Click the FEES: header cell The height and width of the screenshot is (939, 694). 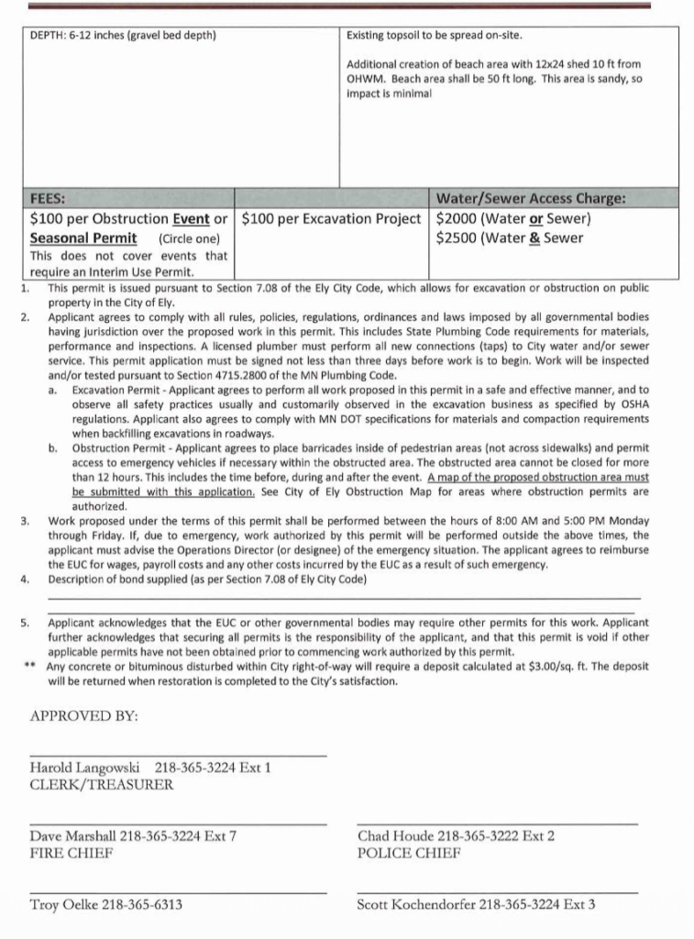pyautogui.click(x=48, y=198)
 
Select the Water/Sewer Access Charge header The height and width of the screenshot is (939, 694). pyautogui.click(x=530, y=198)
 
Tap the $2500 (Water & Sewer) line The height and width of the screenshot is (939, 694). pyautogui.click(x=509, y=238)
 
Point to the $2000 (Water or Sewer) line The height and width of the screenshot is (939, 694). pyautogui.click(x=513, y=219)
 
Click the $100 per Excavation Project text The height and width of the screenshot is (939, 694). pyautogui.click(x=332, y=219)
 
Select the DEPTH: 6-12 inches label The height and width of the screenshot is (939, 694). pyautogui.click(x=123, y=36)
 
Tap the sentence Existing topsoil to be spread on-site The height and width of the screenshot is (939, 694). pyautogui.click(x=434, y=36)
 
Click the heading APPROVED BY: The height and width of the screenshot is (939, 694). pyautogui.click(x=83, y=716)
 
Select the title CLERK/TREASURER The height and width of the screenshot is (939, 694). pyautogui.click(x=102, y=785)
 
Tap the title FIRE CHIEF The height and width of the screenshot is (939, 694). pyautogui.click(x=72, y=853)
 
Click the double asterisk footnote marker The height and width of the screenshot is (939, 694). pyautogui.click(x=29, y=668)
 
